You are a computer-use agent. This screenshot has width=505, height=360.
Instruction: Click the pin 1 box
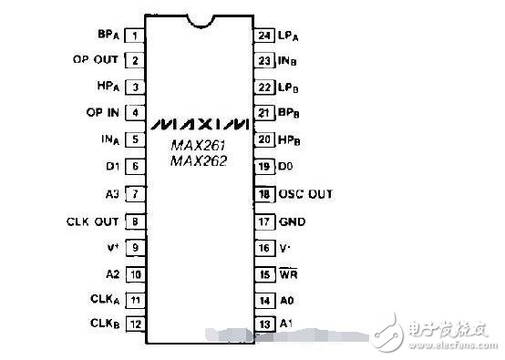135,36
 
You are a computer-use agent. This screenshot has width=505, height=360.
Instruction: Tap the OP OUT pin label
95,61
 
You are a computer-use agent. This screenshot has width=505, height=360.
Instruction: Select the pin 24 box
265,36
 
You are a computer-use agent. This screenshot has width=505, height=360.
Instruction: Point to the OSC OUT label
307,194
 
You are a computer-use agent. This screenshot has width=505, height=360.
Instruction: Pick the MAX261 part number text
199,145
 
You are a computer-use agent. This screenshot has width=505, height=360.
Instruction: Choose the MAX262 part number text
199,160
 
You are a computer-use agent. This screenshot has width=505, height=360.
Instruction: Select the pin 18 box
265,194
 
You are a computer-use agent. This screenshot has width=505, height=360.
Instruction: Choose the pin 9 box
135,246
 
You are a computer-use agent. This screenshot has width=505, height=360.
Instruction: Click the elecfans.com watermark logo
438,334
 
